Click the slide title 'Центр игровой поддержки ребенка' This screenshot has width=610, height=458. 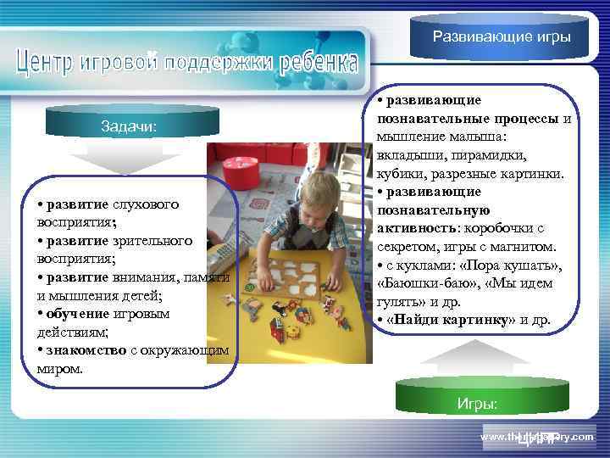(x=186, y=63)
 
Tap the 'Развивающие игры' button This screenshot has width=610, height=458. (x=502, y=37)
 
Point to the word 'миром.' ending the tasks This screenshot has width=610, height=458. (x=60, y=369)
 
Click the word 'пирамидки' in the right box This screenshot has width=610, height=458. (x=479, y=155)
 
